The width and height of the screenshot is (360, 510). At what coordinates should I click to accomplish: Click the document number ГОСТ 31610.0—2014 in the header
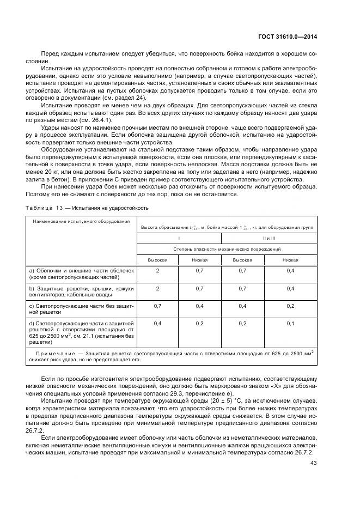coord(287,37)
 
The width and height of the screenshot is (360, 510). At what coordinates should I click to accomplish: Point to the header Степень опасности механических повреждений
coord(227,248)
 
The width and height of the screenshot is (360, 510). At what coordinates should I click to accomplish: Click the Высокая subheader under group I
coord(157,260)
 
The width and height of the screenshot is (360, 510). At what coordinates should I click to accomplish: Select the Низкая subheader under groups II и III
coord(290,260)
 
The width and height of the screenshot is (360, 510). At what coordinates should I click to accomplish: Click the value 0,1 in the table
coord(290,324)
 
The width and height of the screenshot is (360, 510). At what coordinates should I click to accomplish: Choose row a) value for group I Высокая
coord(157,271)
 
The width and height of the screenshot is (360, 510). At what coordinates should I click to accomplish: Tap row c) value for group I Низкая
coord(199,306)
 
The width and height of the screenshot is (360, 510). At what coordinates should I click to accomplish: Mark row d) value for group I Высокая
coord(157,324)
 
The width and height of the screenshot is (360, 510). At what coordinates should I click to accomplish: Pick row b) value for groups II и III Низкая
coord(290,288)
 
